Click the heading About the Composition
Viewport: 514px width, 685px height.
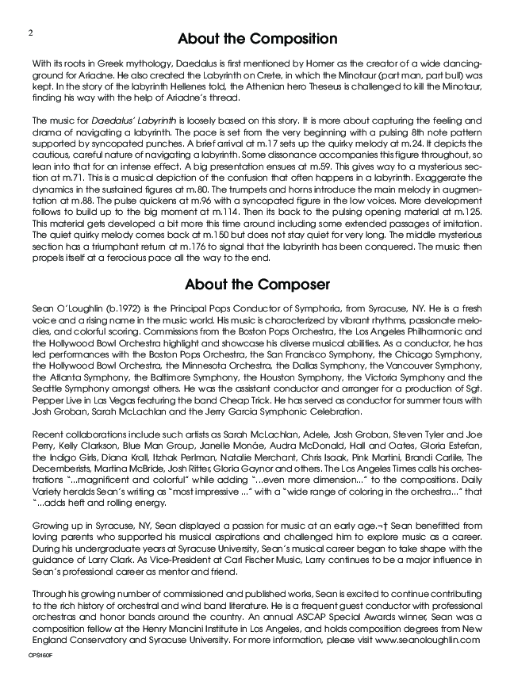pyautogui.click(x=257, y=39)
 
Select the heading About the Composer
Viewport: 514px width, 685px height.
pyautogui.click(x=257, y=285)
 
